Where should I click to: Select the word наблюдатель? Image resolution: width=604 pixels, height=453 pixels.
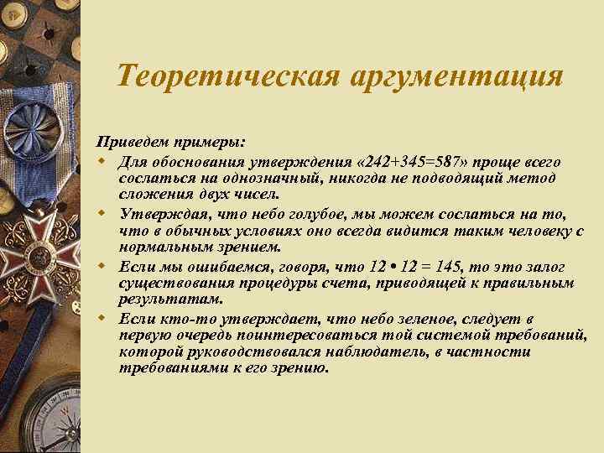click(353, 352)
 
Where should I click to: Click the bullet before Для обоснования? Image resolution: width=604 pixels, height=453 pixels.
click(102, 161)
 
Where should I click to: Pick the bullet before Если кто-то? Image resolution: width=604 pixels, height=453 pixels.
click(102, 319)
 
